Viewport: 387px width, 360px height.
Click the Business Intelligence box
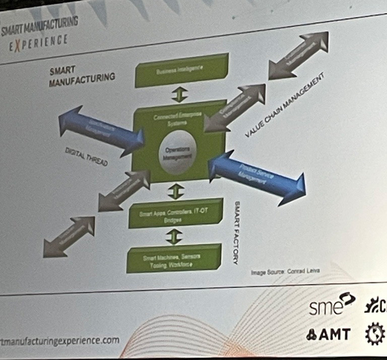(x=182, y=70)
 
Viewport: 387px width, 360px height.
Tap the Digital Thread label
(x=87, y=158)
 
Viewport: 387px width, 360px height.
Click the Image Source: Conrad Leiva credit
(x=285, y=272)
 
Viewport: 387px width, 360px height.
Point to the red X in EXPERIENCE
(x=18, y=43)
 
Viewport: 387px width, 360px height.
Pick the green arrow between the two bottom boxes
(x=174, y=236)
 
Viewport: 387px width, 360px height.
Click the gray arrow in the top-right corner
(x=299, y=55)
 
